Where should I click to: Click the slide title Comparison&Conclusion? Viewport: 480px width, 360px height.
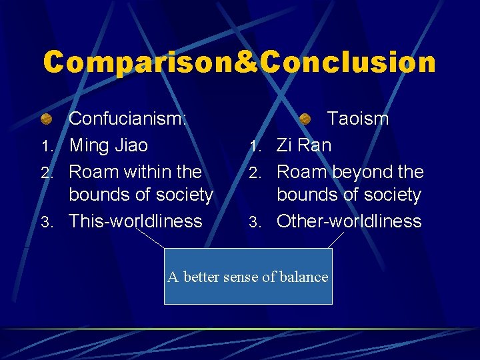pos(239,62)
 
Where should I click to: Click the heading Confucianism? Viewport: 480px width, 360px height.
pos(128,119)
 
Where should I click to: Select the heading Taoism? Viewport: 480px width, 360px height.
pos(357,119)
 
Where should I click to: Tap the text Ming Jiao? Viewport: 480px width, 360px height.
pos(109,145)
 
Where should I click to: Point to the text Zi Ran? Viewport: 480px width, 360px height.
pos(304,145)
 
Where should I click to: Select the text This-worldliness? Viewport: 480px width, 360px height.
pos(136,221)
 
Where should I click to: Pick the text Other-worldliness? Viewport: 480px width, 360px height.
pos(349,221)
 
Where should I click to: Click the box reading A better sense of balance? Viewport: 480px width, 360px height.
pos(248,276)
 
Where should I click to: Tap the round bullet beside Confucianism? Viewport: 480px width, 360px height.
pos(47,119)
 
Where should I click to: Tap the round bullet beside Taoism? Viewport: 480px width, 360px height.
pos(305,119)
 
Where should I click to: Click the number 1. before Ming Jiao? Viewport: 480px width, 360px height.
pos(46,146)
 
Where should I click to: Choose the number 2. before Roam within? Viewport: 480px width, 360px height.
pos(46,173)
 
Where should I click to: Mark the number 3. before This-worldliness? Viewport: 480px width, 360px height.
pos(46,222)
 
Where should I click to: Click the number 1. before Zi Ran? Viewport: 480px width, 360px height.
pos(255,146)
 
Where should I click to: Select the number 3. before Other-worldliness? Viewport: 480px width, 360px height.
pos(255,222)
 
